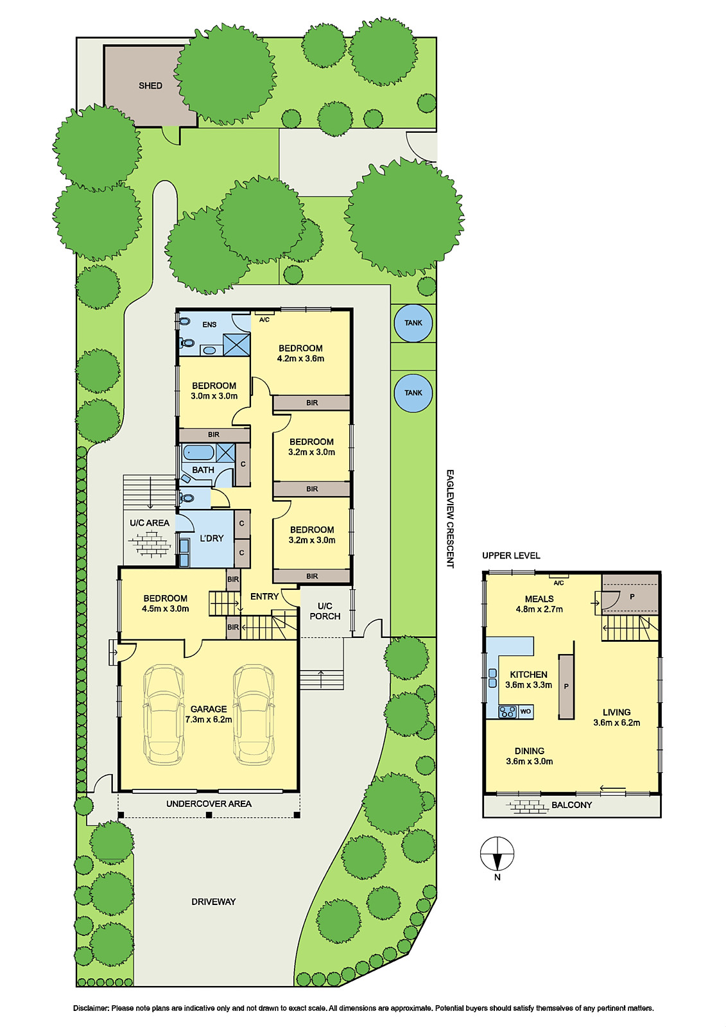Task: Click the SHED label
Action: [x=150, y=85]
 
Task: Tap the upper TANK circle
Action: [x=413, y=323]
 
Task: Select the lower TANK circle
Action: [x=413, y=393]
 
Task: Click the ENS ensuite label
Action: [x=209, y=325]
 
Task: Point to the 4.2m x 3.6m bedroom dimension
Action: [x=300, y=359]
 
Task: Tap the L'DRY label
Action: [x=211, y=539]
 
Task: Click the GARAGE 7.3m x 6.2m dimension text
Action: [x=209, y=720]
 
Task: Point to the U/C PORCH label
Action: [x=325, y=611]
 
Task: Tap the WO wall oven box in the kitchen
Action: [x=526, y=712]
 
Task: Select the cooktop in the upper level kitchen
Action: [x=508, y=712]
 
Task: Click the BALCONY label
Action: [x=571, y=805]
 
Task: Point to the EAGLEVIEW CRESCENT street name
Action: [x=450, y=519]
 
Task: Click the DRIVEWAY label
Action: [x=214, y=902]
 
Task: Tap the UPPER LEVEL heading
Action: [x=511, y=556]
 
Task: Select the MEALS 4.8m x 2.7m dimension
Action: [x=539, y=609]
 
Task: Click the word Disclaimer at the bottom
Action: [x=91, y=1008]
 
